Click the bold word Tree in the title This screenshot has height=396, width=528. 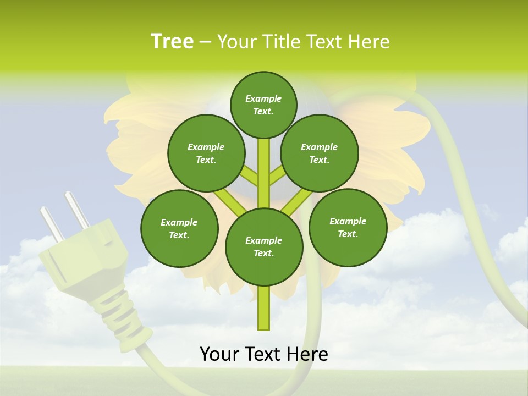coord(172,41)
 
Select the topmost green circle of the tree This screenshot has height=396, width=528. coord(263,105)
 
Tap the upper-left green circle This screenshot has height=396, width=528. coord(206,153)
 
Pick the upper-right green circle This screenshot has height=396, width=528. coord(320,153)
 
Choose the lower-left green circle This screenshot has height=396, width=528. coord(179,228)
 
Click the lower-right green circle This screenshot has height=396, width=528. coord(348,227)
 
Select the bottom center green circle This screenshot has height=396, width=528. coord(264,247)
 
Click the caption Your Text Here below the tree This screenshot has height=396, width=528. coord(264,354)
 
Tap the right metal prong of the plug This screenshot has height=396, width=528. coord(77,210)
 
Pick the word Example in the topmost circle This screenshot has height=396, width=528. coord(263,98)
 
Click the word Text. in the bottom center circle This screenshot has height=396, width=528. coord(263,253)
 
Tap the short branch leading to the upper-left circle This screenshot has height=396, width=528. coord(249,177)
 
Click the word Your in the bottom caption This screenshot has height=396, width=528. coord(219,354)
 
